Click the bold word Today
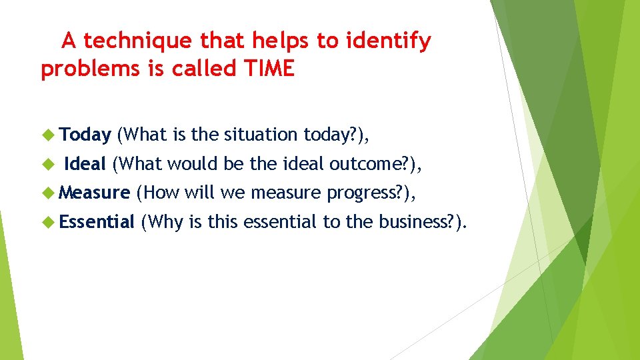pos(85,135)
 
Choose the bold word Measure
pos(94,193)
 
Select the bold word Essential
pos(97,221)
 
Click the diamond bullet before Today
pos(47,135)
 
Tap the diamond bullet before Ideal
pos(47,164)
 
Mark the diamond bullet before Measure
pos(47,193)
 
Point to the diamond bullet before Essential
pos(47,221)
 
